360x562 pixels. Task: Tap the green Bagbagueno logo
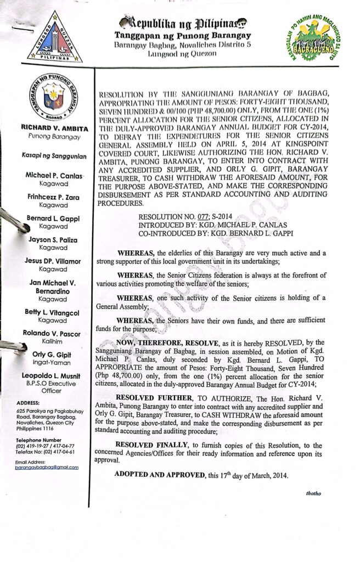(316, 37)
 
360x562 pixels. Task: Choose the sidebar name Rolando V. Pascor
(52, 334)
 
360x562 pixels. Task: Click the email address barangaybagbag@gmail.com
(47, 468)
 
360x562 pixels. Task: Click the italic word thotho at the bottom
(314, 493)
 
